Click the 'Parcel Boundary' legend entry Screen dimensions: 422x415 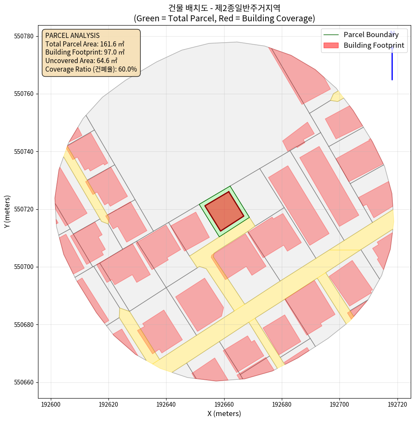point(371,35)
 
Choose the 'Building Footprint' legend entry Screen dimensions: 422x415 point(374,45)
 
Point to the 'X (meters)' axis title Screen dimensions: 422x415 point(224,413)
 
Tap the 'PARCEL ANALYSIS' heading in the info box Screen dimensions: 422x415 point(72,35)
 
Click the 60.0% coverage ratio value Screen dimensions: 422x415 point(127,69)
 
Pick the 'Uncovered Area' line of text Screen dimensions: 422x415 point(81,61)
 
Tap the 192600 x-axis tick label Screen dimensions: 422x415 point(51,404)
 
